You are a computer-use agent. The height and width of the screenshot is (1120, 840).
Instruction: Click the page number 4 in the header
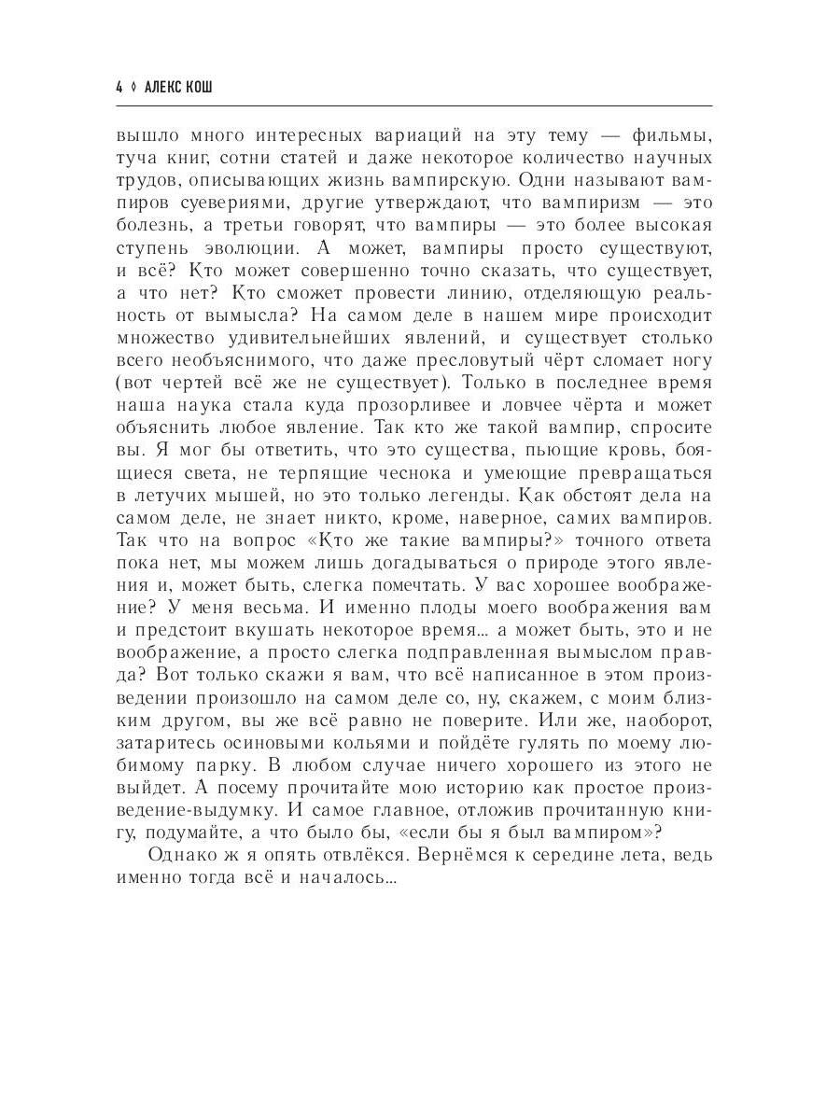point(119,87)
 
